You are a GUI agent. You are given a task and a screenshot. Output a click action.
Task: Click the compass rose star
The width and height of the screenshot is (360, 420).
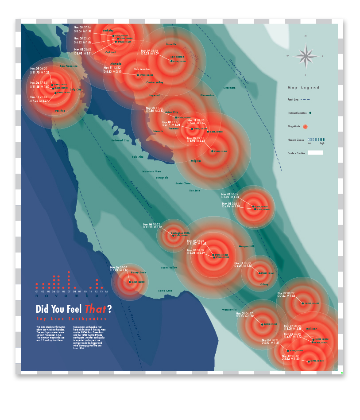click(x=306, y=55)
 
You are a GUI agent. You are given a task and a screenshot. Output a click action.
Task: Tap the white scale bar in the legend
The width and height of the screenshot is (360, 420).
click(x=316, y=152)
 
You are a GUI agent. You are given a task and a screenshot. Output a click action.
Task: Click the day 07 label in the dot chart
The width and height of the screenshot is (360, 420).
click(x=69, y=291)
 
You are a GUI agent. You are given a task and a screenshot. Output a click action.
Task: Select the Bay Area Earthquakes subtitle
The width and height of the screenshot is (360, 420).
click(x=72, y=319)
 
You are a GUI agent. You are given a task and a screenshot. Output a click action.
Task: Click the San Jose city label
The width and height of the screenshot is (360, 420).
click(x=195, y=191)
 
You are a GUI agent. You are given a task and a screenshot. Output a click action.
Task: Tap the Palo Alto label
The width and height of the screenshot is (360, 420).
click(x=138, y=156)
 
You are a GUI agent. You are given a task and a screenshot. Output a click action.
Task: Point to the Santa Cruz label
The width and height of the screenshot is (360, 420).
click(x=165, y=291)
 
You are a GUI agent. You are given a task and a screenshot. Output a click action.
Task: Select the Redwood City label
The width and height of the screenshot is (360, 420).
click(x=120, y=140)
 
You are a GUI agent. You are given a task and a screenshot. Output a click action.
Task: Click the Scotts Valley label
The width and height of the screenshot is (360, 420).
click(x=169, y=267)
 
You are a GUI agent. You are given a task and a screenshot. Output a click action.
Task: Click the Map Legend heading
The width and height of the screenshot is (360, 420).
click(x=303, y=88)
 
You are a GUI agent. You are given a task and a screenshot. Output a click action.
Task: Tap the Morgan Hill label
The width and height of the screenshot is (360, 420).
click(x=247, y=246)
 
